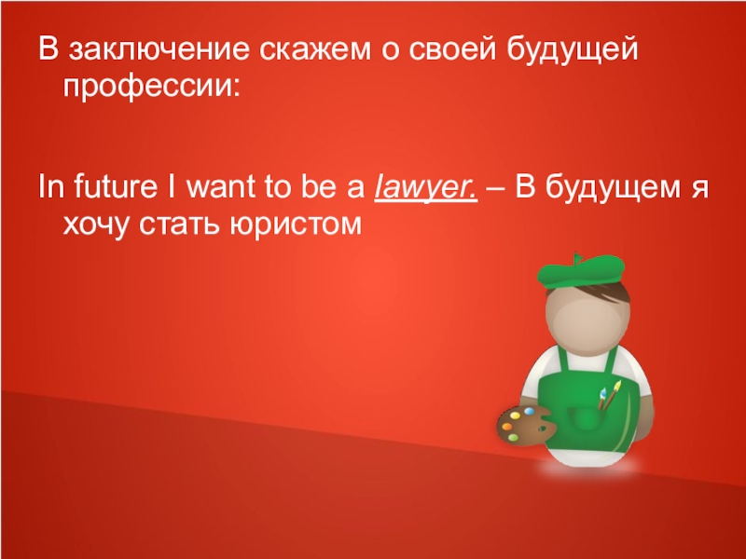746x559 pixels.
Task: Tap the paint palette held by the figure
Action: tap(526, 420)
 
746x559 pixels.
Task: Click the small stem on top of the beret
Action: tap(579, 252)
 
